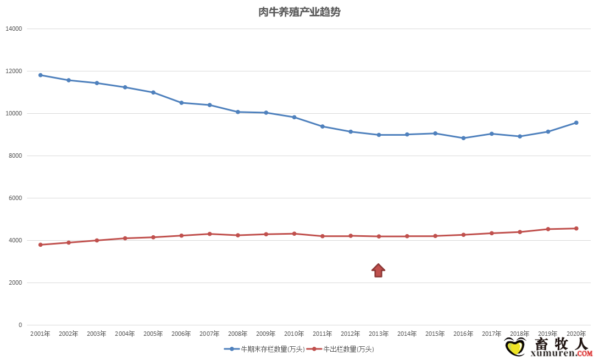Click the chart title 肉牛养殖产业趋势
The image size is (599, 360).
tap(299, 12)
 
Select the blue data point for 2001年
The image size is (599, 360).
tap(40, 75)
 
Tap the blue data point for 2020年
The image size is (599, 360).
tap(576, 123)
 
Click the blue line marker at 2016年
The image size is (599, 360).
tap(463, 138)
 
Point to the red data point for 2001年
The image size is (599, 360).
tap(40, 245)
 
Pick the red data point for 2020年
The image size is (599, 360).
tap(576, 228)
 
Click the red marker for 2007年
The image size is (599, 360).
tap(209, 234)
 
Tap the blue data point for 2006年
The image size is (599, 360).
tap(181, 103)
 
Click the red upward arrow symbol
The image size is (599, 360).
tap(378, 270)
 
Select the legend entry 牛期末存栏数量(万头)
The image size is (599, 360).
tap(264, 349)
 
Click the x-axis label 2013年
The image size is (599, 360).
tap(378, 334)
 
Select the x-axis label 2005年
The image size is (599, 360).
tap(153, 334)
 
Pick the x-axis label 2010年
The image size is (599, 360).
tap(294, 334)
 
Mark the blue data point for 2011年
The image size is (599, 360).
tap(323, 126)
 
